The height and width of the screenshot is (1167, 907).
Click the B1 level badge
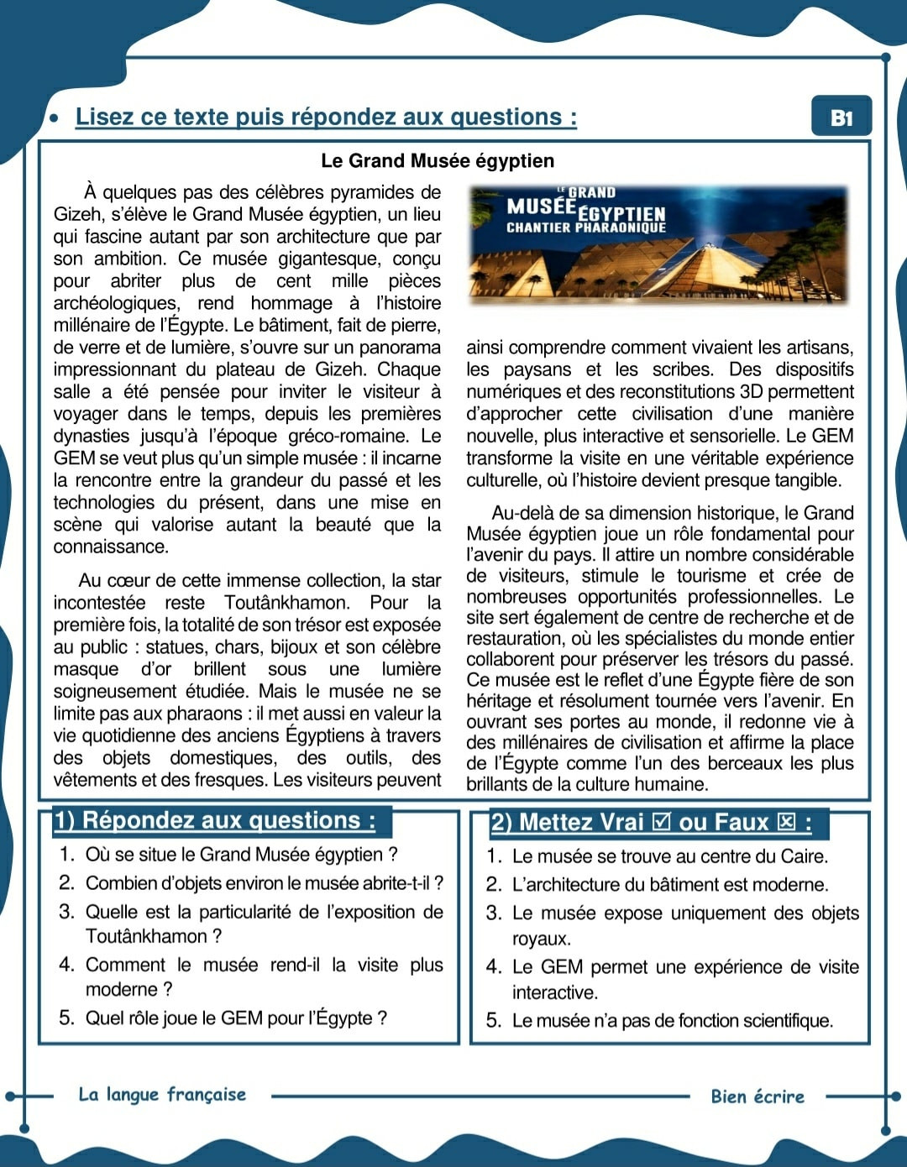coord(841,118)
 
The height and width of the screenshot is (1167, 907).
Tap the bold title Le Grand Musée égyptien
coord(438,160)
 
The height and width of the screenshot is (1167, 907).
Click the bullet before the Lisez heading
coord(54,118)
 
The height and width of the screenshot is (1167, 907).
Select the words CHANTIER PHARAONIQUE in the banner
coord(585,228)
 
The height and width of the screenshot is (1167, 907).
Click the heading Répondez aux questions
coord(215,820)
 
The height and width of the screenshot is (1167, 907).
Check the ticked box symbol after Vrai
coord(661,822)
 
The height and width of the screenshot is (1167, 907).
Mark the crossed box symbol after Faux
coord(786,822)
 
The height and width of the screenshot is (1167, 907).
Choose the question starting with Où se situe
coord(241,855)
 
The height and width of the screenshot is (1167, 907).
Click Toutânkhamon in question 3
coord(146,936)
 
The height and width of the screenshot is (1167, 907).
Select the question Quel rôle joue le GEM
coord(236,1018)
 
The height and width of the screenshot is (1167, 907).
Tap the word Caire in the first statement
coord(804,856)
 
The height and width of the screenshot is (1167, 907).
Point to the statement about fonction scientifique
coord(672,1021)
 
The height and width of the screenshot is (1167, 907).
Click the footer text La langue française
coord(162,1094)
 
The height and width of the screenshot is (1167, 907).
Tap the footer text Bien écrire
coord(757,1096)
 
